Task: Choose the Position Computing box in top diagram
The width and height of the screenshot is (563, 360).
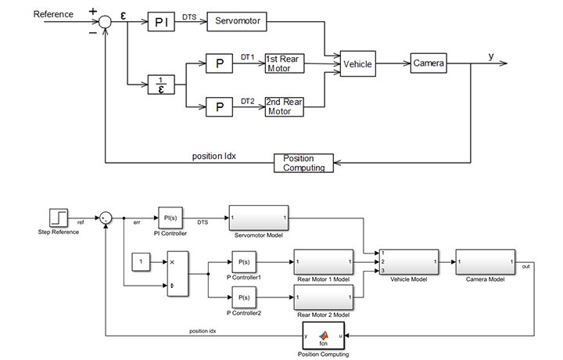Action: click(303, 163)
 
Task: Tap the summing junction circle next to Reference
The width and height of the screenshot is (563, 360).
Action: click(106, 22)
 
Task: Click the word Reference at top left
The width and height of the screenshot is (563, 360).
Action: click(53, 14)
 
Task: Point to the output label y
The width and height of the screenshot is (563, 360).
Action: click(491, 56)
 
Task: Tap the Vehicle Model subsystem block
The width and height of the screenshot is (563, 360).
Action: click(407, 261)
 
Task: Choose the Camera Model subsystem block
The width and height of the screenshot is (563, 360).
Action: click(485, 261)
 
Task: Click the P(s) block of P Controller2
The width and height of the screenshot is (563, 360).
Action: click(243, 297)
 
